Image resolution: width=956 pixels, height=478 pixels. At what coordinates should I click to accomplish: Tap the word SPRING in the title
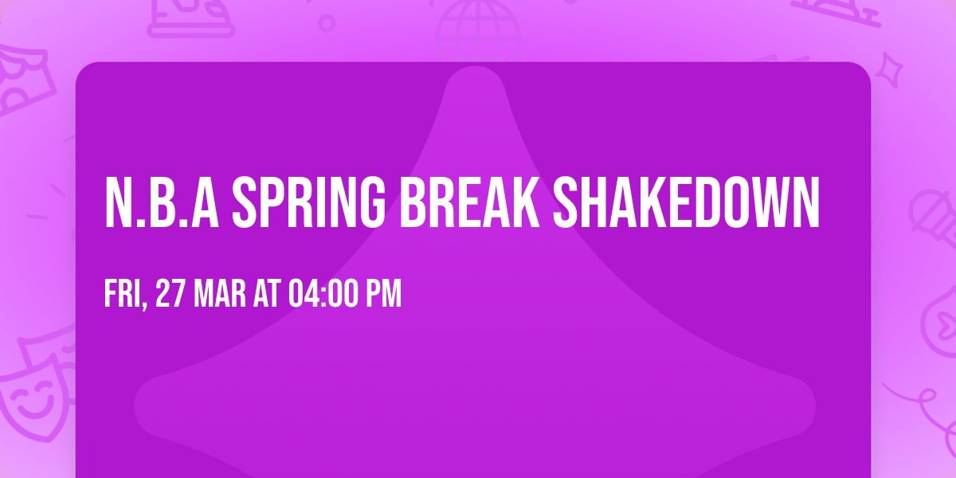(x=308, y=203)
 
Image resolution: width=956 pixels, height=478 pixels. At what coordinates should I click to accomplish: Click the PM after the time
(x=383, y=294)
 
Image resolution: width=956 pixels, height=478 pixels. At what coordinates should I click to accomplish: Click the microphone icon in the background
(x=928, y=211)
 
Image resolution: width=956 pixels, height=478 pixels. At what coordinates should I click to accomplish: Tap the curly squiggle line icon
(x=916, y=398)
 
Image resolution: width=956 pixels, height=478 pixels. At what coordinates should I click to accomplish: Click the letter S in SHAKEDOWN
(x=567, y=203)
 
